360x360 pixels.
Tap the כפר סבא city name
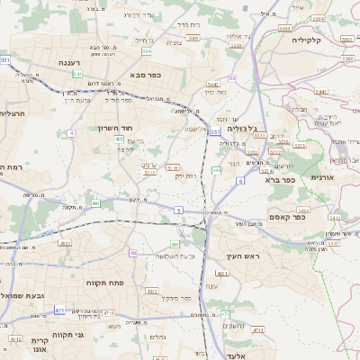pos(145,75)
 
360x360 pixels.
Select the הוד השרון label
pos(115,129)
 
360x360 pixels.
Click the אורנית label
pos(323,178)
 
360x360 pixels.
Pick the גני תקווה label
pos(67,335)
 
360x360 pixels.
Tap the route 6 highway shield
pos(240,181)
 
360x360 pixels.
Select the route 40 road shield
pos(132,253)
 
